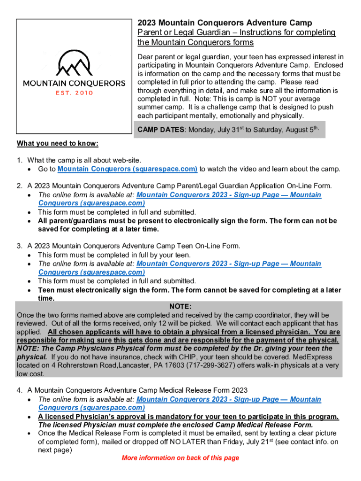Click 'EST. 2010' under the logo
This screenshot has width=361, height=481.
pos(74,93)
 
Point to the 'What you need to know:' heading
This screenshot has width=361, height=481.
pos(58,143)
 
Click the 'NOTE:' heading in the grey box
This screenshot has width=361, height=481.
pos(180,306)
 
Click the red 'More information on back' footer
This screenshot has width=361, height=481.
pos(180,458)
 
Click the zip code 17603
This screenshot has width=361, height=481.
pos(164,365)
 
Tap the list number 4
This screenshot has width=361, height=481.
pos(19,390)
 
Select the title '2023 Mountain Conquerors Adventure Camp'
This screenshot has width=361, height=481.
pos(225,23)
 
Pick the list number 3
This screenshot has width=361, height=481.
pos(19,246)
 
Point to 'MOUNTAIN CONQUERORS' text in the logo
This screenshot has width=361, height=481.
pos(74,84)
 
